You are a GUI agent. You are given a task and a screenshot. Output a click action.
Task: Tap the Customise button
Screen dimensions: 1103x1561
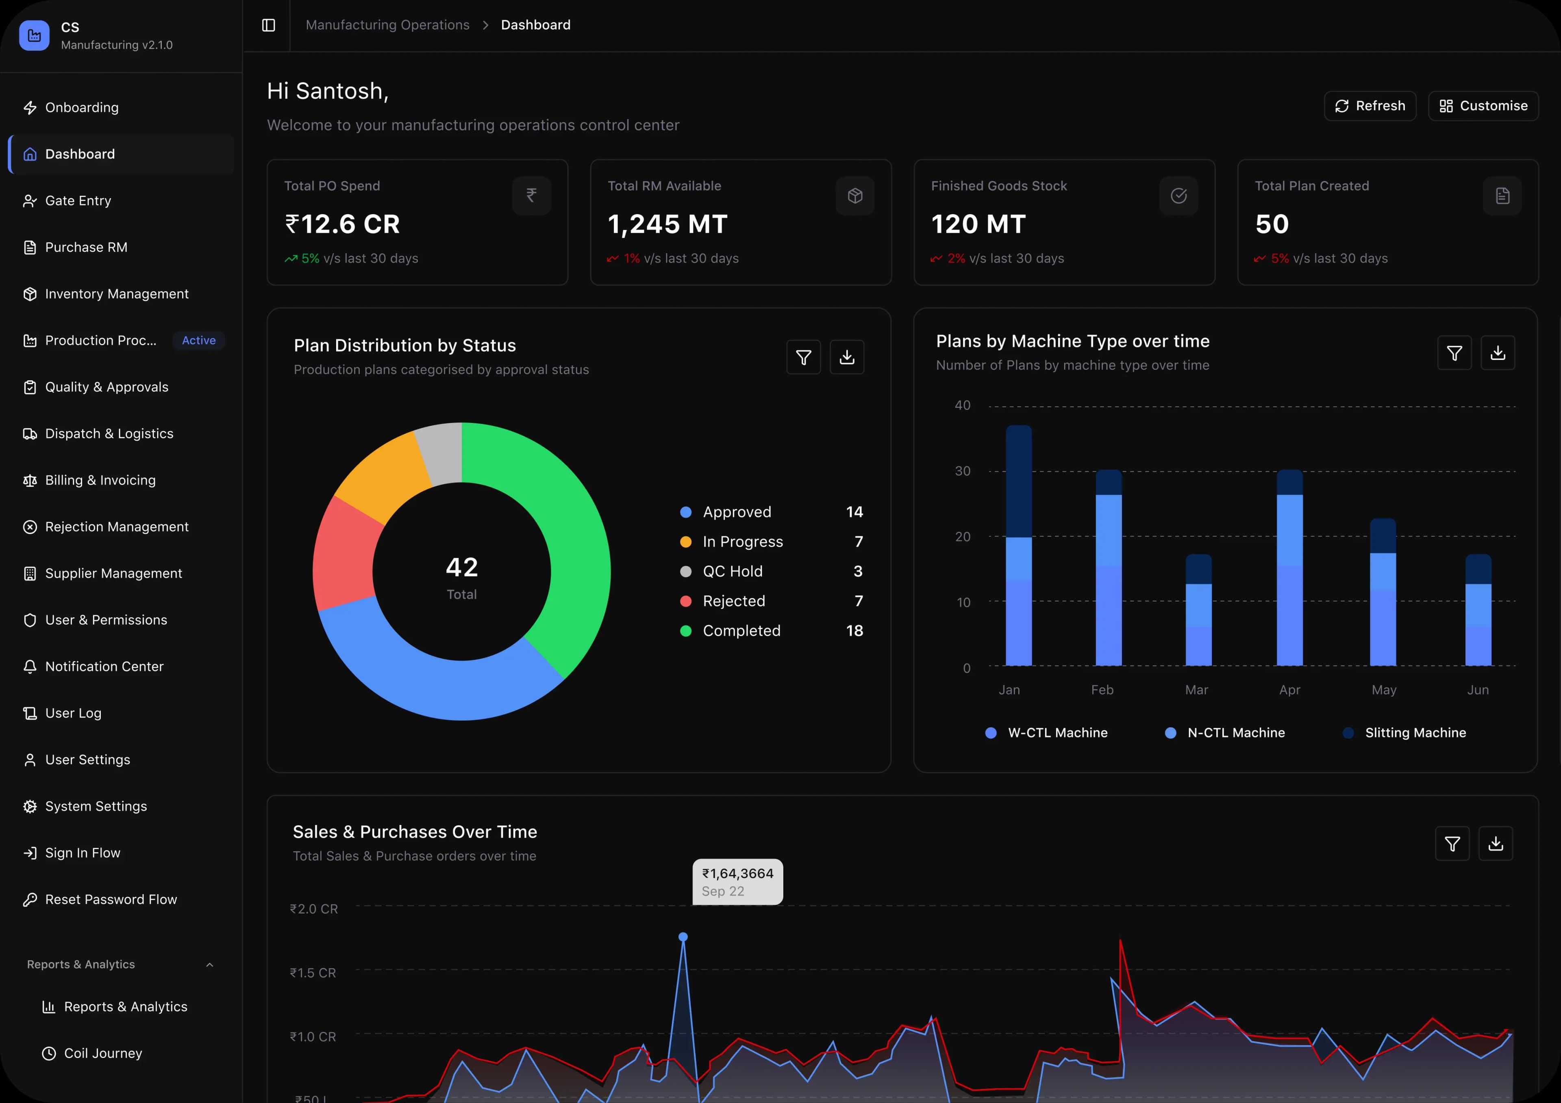point(1483,106)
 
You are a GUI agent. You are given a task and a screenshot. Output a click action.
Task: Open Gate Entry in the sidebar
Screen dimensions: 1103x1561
point(78,200)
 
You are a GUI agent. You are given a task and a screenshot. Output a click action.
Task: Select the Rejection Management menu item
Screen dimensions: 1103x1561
point(116,527)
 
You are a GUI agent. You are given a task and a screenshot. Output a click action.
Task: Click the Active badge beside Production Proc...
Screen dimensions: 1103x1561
point(198,340)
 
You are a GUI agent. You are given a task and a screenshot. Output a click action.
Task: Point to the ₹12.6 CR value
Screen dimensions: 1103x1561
point(343,224)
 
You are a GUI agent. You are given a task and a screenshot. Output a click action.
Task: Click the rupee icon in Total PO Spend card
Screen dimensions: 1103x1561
point(531,196)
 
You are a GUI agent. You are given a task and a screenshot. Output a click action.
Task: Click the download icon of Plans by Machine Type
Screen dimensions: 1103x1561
point(1497,353)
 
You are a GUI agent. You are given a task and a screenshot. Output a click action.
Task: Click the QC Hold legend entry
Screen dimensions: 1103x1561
point(732,572)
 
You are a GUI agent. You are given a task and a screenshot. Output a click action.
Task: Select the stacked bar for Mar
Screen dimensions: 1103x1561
point(1198,610)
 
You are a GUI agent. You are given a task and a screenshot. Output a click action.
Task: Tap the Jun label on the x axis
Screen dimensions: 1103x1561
point(1477,690)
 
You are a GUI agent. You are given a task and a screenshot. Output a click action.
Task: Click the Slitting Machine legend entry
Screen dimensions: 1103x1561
point(1414,732)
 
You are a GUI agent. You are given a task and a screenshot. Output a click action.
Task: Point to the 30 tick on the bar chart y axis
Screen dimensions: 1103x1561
point(962,471)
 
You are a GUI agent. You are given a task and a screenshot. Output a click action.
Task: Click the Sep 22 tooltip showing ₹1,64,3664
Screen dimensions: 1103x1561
point(737,882)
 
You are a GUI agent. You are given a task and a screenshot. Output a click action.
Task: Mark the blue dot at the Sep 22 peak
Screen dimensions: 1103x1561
point(683,937)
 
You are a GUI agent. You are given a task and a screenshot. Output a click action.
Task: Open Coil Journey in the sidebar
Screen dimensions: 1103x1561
point(103,1053)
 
